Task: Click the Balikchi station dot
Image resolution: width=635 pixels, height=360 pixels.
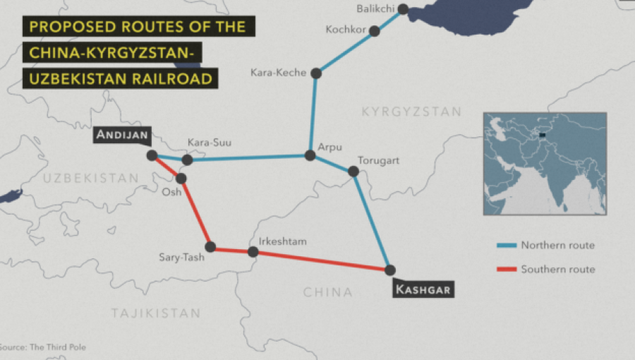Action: click(403, 9)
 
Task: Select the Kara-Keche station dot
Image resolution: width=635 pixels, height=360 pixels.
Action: click(316, 73)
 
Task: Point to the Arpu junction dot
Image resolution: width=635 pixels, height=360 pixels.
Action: click(310, 155)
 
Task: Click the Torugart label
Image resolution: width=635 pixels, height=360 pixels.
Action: click(378, 161)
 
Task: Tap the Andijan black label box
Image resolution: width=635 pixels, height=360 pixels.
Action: click(122, 135)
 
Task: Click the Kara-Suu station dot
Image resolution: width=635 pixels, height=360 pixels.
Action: click(187, 160)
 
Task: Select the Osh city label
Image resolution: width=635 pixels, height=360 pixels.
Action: click(172, 192)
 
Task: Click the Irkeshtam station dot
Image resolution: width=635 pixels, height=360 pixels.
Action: click(253, 251)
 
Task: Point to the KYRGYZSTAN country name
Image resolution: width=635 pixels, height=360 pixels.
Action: click(411, 112)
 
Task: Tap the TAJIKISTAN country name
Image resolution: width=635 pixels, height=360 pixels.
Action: click(155, 313)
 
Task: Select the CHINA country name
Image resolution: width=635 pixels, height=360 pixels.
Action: click(327, 292)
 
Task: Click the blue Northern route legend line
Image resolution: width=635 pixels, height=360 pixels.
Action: click(506, 246)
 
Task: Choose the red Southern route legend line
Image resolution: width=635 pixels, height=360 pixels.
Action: click(506, 269)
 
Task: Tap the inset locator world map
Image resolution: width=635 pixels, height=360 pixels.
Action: click(544, 163)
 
